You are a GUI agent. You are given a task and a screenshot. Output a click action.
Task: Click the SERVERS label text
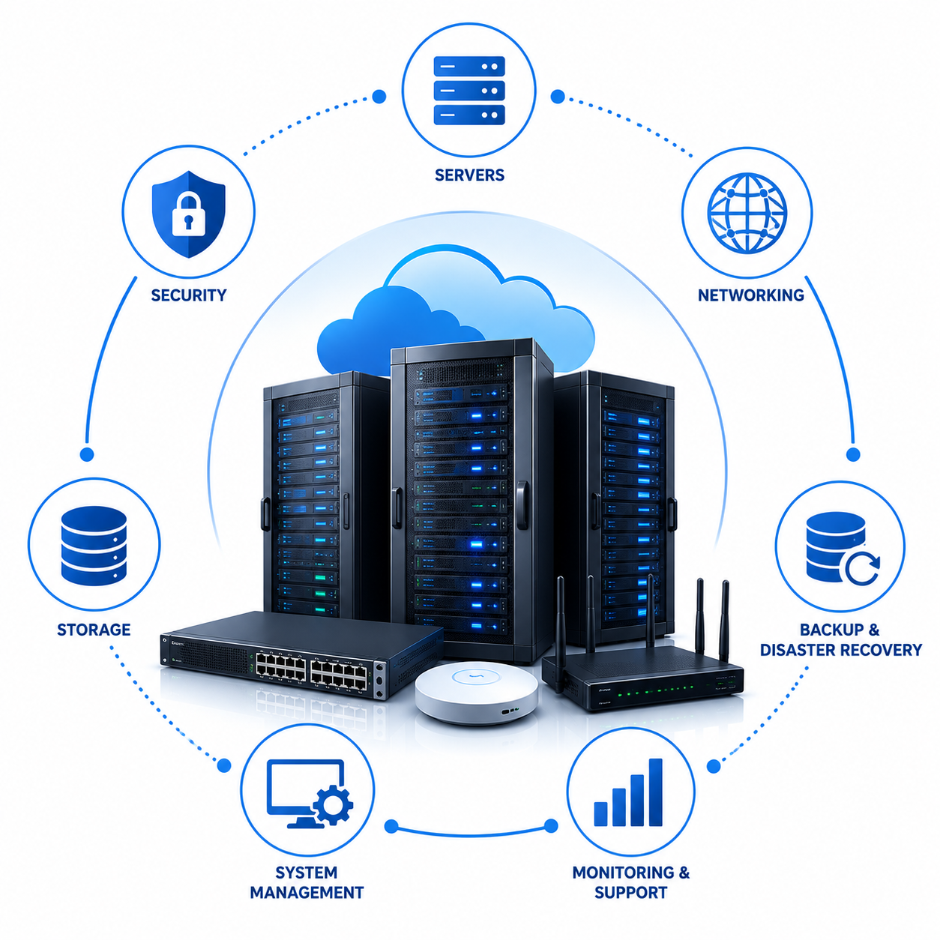coord(469,175)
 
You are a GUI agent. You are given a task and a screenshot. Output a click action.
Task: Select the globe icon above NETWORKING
coord(747,213)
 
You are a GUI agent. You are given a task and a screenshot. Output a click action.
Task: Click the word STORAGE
coord(94,629)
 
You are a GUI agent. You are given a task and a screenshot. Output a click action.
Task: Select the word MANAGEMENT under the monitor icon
coord(307,892)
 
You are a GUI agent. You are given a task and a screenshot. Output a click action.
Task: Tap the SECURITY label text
coord(189,295)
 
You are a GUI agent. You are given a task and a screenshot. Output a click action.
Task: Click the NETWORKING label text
coord(751,295)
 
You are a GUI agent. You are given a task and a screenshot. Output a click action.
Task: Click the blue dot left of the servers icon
coord(379,97)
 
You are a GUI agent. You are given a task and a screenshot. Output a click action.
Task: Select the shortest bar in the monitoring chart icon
coord(601,813)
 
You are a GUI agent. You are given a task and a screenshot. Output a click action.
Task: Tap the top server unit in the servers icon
coord(469,66)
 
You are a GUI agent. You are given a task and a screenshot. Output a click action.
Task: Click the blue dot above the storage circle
coord(87,454)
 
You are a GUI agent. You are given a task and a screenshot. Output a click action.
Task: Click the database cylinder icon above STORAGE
coord(94,546)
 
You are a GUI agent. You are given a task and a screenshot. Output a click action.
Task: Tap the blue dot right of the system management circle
coord(391,826)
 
